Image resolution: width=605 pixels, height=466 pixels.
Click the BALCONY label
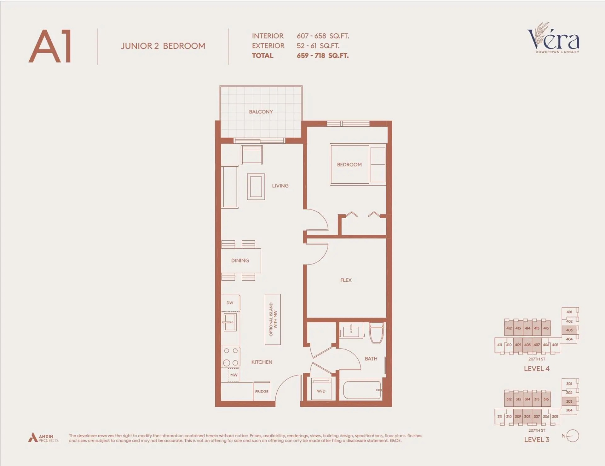pyautogui.click(x=261, y=112)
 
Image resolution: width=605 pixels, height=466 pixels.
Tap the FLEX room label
pyautogui.click(x=346, y=280)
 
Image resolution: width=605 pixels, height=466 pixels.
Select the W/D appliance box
pyautogui.click(x=321, y=389)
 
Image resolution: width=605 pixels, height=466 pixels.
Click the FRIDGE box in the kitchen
pyautogui.click(x=262, y=391)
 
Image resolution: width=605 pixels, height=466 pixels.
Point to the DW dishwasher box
pyautogui.click(x=230, y=303)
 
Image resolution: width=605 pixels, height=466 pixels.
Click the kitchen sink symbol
pyautogui.click(x=230, y=322)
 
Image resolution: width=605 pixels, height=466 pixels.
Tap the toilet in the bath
pyautogui.click(x=376, y=333)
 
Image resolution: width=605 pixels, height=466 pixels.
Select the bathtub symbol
pyautogui.click(x=362, y=390)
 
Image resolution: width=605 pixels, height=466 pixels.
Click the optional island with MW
pyautogui.click(x=273, y=319)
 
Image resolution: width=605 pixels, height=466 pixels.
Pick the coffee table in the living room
pyautogui.click(x=256, y=187)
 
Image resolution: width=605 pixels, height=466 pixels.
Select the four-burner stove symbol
pyautogui.click(x=231, y=357)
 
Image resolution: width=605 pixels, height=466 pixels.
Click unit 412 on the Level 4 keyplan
pyautogui.click(x=509, y=328)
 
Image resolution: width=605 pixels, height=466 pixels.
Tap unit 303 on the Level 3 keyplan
pyautogui.click(x=569, y=401)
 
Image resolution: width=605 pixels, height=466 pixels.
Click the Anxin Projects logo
pyautogui.click(x=43, y=438)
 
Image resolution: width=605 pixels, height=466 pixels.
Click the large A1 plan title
pyautogui.click(x=50, y=46)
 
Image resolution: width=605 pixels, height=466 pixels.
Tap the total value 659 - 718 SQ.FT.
pyautogui.click(x=322, y=56)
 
